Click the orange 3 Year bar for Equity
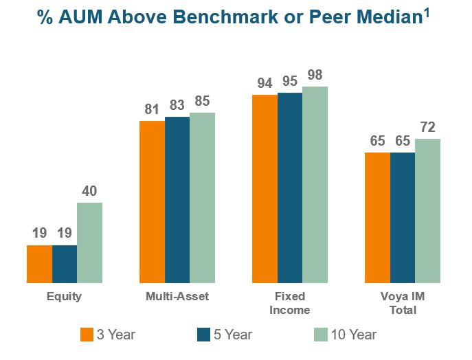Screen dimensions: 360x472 [x=39, y=264]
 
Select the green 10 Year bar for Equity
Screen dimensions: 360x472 [x=89, y=243]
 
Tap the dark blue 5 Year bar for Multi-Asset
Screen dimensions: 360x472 [x=177, y=200]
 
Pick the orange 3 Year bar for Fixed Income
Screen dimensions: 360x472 [x=265, y=189]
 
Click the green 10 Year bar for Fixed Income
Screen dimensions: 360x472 [x=315, y=185]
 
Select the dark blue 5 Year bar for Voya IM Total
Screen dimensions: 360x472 [x=403, y=218]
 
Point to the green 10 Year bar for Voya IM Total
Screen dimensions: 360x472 [x=427, y=211]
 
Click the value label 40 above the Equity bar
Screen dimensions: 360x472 [x=89, y=191]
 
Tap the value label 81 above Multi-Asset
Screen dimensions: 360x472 [x=152, y=109]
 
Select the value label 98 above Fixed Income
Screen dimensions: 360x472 [x=315, y=75]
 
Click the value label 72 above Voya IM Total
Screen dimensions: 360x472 [x=427, y=127]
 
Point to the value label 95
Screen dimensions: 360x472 [x=290, y=81]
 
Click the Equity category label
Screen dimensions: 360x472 [x=64, y=297]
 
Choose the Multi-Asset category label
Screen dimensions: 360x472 [x=177, y=297]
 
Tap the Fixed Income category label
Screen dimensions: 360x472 [x=289, y=303]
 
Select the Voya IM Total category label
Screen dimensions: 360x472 [x=402, y=303]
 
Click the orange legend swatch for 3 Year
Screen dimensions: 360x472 [x=87, y=335]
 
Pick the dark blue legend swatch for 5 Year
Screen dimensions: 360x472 [x=203, y=335]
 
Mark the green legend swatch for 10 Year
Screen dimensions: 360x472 [x=320, y=335]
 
